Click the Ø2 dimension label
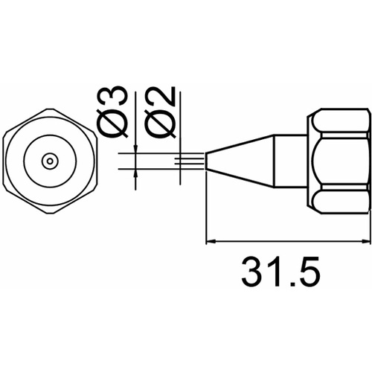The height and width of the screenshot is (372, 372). [161, 112]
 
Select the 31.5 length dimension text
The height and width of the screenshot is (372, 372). [280, 272]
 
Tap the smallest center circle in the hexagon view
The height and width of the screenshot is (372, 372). [50, 161]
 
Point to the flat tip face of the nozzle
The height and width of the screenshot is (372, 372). [207, 161]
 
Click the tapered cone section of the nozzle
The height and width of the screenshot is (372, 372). [240, 161]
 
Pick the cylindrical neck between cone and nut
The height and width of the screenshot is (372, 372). [290, 161]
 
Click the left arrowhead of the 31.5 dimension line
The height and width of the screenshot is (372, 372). [211, 240]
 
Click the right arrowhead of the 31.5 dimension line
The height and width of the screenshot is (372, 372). [364, 240]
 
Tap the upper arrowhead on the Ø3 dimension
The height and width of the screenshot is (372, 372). [135, 150]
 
